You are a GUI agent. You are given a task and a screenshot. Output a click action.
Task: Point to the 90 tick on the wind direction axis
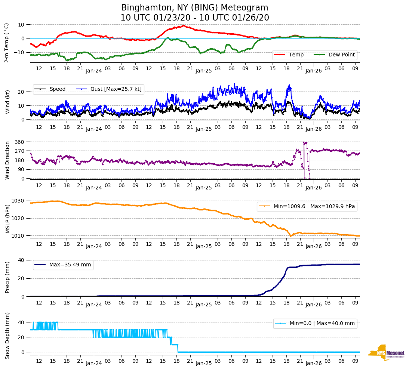[21, 169]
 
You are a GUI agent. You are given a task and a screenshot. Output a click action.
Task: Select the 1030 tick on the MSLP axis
[18, 201]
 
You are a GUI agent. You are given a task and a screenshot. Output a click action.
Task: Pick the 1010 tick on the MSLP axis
[18, 236]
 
